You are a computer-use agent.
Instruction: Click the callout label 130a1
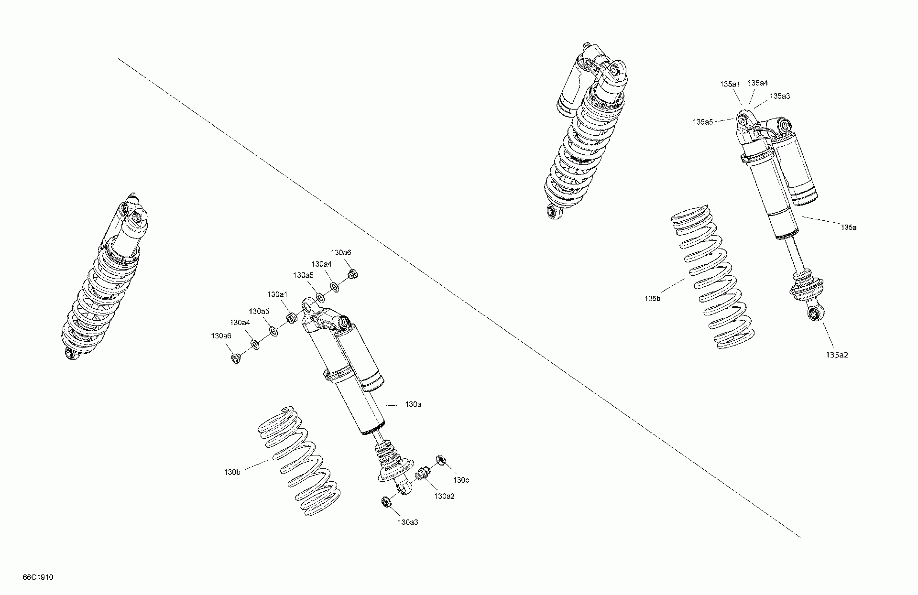pos(277,294)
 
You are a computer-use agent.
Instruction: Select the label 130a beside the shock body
pos(413,404)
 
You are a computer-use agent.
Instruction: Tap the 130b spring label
pos(232,472)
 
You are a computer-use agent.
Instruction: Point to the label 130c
pos(461,480)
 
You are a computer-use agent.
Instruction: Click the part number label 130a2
pos(444,496)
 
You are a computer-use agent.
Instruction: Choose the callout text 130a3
pos(408,522)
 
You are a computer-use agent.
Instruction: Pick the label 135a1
pos(730,84)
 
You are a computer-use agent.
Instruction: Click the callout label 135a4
pos(758,83)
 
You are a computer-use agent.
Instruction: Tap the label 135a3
pos(780,96)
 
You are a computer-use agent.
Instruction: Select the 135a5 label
pos(703,122)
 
